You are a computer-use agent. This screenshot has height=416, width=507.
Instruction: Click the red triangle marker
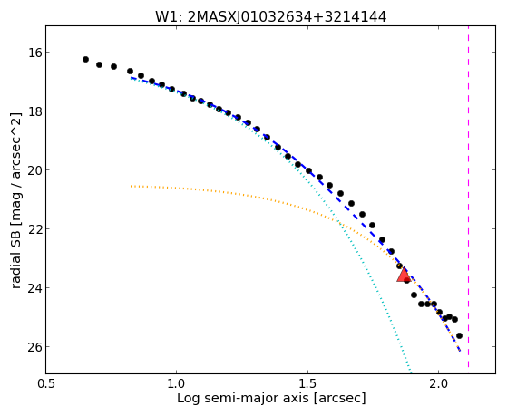pos(404,276)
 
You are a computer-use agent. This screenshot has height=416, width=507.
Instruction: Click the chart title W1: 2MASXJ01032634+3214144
pos(270,17)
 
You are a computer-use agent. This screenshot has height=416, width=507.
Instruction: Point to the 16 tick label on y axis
pos(32,52)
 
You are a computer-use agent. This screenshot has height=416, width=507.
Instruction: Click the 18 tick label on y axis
pos(32,111)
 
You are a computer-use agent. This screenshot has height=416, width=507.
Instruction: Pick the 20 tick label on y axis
pos(32,170)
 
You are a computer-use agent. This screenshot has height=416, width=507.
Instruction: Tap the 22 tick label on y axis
pos(32,229)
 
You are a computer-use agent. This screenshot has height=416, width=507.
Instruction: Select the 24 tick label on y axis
pos(32,287)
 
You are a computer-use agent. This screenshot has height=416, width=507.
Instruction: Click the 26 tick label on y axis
pos(32,347)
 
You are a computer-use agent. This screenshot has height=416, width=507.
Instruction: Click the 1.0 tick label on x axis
pos(176,384)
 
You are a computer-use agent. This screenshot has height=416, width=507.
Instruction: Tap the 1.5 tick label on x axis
pos(307,384)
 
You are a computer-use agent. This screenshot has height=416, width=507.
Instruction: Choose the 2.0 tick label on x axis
pos(438,384)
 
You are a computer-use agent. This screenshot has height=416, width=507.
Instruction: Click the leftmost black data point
pos(85,59)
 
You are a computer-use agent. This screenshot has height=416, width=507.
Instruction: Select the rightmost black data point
pos(459,336)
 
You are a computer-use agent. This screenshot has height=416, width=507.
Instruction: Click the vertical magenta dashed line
pos(468,197)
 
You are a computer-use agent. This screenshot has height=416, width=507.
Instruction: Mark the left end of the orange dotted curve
pos(131,186)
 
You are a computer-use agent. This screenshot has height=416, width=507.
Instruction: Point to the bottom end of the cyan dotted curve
pos(411,372)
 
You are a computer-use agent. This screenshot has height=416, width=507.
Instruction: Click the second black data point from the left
pos(99,64)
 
